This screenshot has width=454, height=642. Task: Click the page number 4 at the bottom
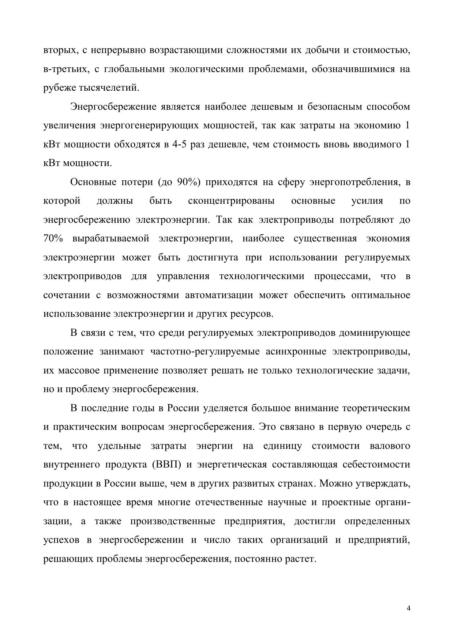point(409,608)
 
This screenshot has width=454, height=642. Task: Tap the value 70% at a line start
point(53,239)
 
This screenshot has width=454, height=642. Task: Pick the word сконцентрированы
point(231,201)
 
